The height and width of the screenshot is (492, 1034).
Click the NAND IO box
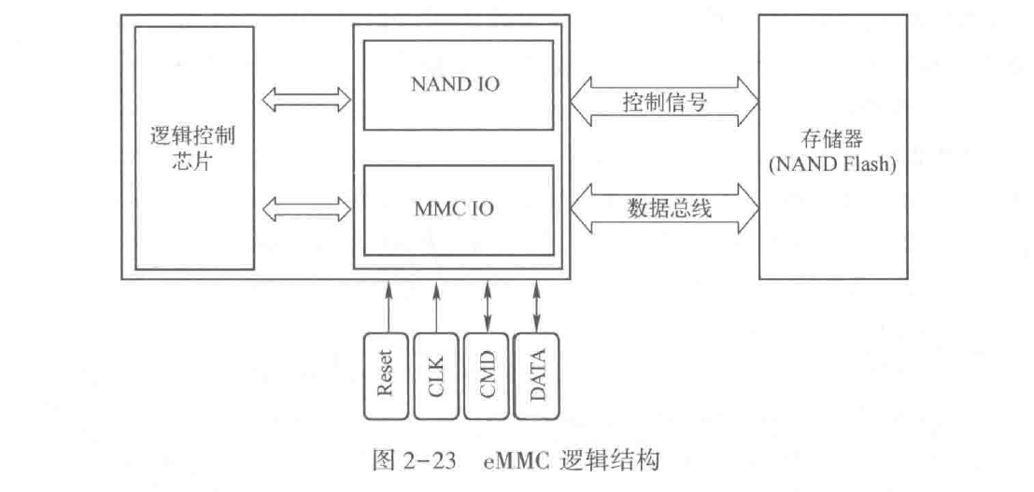tap(455, 84)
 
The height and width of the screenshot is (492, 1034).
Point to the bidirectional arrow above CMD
tap(487, 302)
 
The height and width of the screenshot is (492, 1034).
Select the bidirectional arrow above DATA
tap(537, 302)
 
